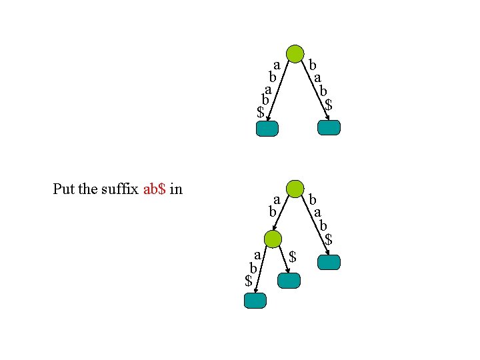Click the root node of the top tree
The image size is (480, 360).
(295, 54)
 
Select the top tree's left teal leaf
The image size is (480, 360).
(267, 129)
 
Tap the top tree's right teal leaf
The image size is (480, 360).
(329, 127)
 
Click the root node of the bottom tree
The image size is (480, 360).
(295, 189)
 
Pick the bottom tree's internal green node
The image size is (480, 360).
(273, 239)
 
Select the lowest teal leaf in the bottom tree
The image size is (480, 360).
(255, 301)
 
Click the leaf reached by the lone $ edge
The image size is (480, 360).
(289, 281)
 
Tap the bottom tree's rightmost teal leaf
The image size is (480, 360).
(329, 263)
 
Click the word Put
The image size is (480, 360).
(64, 189)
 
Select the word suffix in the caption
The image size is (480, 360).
(120, 189)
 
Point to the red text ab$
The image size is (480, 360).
(154, 189)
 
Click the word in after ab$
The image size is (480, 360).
(176, 189)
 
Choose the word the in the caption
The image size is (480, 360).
(87, 189)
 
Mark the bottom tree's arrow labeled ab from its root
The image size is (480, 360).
(283, 214)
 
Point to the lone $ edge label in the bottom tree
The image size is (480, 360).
(292, 255)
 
